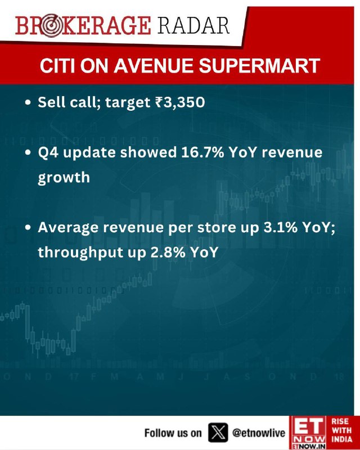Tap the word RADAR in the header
[193, 25]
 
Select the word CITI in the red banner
[57, 66]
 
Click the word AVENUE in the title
[154, 66]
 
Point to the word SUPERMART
[259, 66]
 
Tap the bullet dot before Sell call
[28, 102]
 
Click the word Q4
[48, 152]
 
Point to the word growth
[64, 178]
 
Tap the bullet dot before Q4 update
[28, 152]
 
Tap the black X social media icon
[218, 432]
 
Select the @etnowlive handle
[259, 433]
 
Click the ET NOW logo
[308, 433]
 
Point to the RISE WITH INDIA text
[341, 430]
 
